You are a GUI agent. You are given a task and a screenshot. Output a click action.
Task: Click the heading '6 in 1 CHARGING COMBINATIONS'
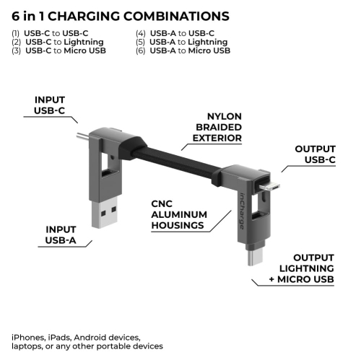(x=121, y=15)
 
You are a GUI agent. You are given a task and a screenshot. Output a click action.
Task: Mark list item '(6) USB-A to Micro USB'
(x=183, y=51)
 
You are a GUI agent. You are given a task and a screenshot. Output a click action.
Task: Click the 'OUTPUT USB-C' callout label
(x=315, y=154)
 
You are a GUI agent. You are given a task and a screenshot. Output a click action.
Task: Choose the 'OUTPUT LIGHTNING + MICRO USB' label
(x=312, y=268)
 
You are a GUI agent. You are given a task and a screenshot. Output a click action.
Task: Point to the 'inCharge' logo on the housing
(x=240, y=209)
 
